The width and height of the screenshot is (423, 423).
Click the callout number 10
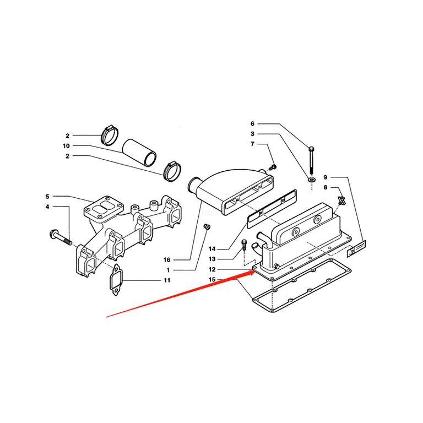pos(66,146)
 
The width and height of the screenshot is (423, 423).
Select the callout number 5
pos(47,197)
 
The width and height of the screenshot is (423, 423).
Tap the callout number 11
pos(167,280)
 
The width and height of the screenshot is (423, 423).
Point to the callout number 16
pos(167,260)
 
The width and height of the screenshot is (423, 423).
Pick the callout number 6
pos(252,123)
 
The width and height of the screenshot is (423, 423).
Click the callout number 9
pos(326,177)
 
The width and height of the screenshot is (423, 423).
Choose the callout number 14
pos(212,249)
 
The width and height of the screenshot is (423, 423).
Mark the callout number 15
pos(212,280)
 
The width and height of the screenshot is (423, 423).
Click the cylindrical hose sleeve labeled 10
pos(139,153)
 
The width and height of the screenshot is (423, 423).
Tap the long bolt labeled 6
pos(312,160)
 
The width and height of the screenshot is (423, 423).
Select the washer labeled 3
pos(312,179)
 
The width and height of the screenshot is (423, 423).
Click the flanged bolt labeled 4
pos(61,238)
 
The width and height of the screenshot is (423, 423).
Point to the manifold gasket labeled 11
pos(116,280)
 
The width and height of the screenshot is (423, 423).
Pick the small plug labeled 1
pos(207,227)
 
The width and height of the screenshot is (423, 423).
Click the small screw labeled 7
pos(273,167)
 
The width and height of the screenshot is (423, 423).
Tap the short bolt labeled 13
pos(244,245)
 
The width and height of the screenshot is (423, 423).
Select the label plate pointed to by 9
pos(356,248)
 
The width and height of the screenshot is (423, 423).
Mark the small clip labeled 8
pos(341,200)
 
